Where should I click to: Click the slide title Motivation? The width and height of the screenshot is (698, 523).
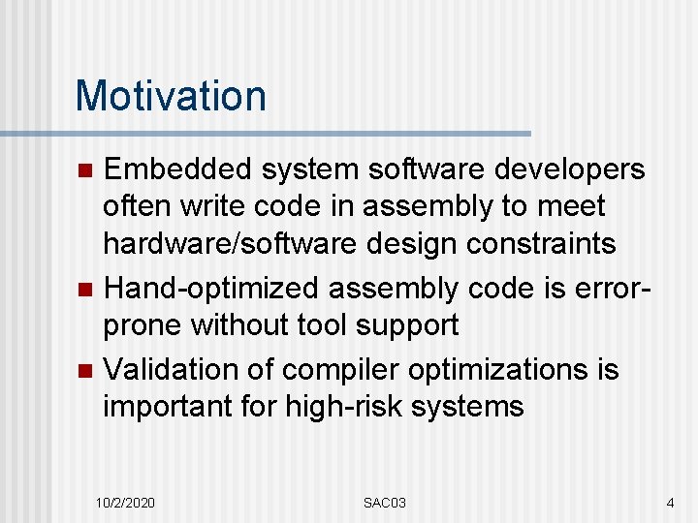pyautogui.click(x=171, y=96)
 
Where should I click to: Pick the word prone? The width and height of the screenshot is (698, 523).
pyautogui.click(x=143, y=325)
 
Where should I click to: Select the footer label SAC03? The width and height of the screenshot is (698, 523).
pyautogui.click(x=385, y=503)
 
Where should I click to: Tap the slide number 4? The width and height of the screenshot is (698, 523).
pyautogui.click(x=670, y=503)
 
